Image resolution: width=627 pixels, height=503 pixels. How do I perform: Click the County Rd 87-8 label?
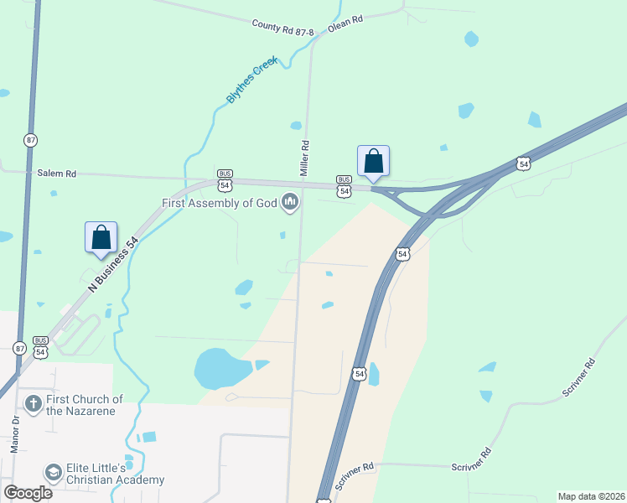282,29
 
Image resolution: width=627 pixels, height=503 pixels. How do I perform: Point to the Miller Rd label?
305,157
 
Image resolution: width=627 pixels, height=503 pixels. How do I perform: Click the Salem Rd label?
57,174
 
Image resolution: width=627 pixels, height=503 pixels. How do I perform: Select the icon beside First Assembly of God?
290,202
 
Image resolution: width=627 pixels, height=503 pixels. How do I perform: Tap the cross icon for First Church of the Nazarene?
33,405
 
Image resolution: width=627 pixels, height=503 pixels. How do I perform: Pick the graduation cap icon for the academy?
54,474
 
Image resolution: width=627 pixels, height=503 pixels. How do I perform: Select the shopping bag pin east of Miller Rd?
373,161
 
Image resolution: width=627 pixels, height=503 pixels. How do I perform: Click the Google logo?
28,493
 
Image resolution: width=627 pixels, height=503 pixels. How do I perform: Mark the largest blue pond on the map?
223,368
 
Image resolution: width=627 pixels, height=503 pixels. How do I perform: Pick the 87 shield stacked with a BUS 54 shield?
18,348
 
